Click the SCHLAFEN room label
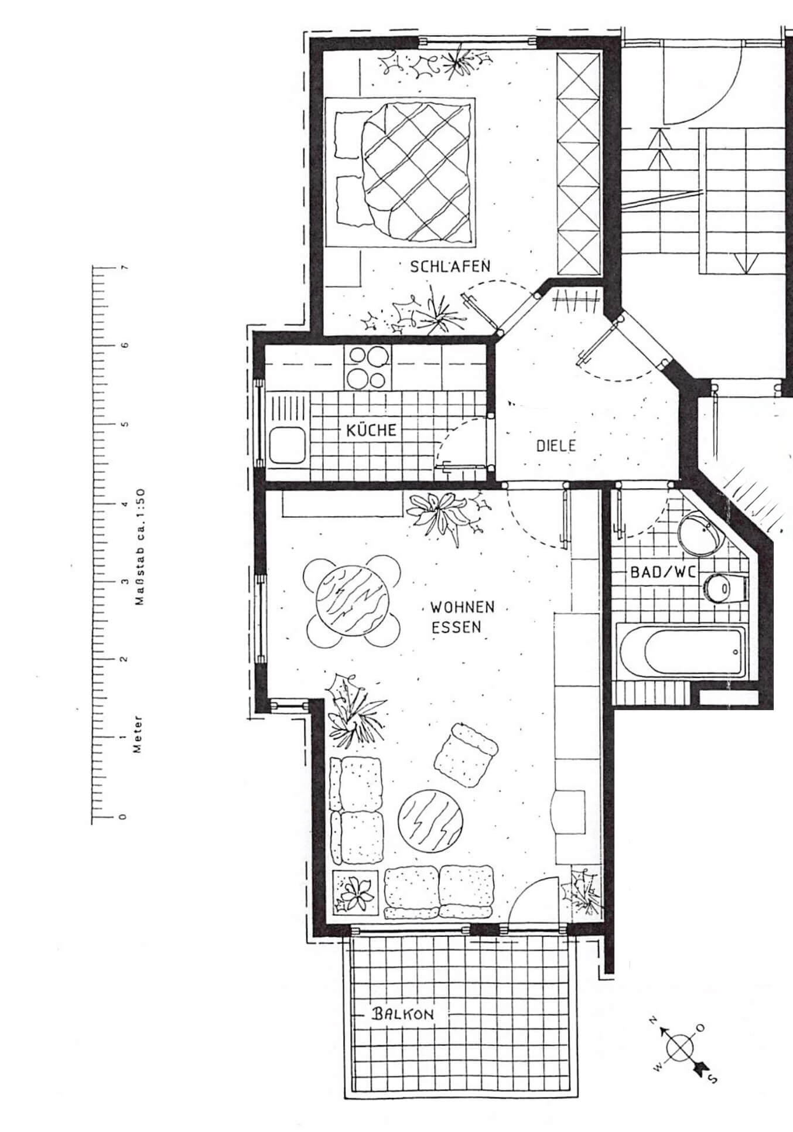450,267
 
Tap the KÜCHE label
371,430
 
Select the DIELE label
556,445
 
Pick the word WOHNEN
462,607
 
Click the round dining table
353,601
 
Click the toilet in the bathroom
724,588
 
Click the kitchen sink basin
286,444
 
